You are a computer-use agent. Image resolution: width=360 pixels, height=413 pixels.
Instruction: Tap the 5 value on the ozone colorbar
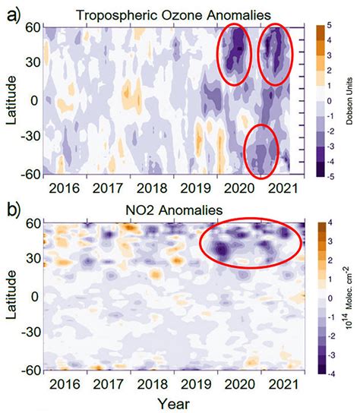pyautogui.click(x=323, y=26)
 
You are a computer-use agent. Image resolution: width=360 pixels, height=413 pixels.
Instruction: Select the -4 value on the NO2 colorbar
pyautogui.click(x=322, y=371)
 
